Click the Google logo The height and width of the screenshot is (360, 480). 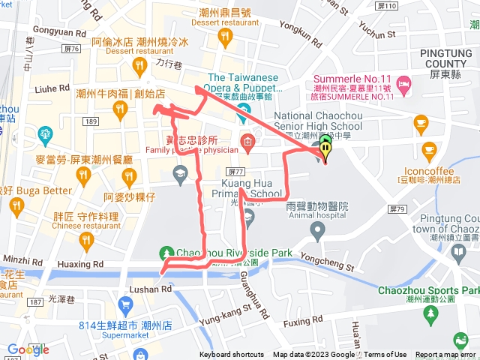point(28,349)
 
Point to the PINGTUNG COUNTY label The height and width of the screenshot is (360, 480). point(446,58)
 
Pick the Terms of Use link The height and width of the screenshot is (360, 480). point(385,355)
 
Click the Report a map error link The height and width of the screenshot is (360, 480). point(446,355)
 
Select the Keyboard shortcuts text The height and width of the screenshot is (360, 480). point(231,355)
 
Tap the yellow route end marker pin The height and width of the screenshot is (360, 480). point(325,151)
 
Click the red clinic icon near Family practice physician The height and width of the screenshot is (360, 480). point(247,142)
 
